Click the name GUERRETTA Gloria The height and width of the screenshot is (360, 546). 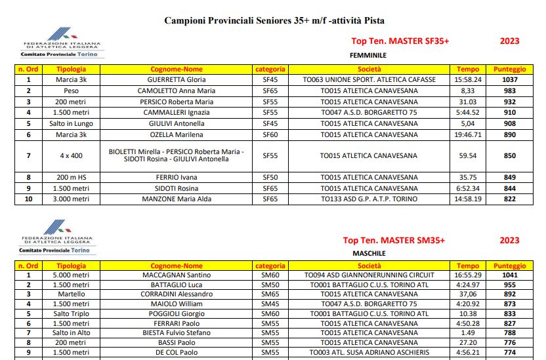coord(177,79)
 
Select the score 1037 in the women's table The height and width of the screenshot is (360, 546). coord(509,79)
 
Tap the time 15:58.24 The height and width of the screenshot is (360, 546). coord(468,79)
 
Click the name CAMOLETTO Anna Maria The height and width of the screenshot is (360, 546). coord(177,90)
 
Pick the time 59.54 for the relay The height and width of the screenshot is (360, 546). coord(468,156)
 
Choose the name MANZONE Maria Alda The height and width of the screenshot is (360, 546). coord(177,199)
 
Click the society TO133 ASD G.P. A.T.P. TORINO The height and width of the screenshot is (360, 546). coord(369,199)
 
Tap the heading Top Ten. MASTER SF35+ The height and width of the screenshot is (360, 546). coord(400,41)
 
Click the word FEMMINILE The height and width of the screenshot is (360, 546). coord(368,56)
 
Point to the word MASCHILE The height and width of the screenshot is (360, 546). coord(368,253)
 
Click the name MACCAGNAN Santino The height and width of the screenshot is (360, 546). coord(177,275)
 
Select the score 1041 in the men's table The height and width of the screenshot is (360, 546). coord(509,275)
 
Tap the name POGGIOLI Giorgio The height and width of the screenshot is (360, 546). coord(177,313)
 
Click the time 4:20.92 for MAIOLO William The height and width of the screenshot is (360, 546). coord(468,304)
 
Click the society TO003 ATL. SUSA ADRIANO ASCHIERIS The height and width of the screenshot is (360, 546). coord(369,352)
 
